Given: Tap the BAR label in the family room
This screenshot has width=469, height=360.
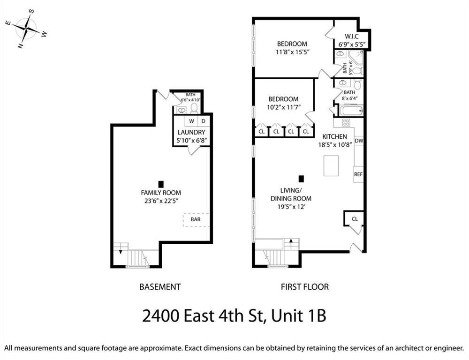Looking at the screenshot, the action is [x=196, y=219].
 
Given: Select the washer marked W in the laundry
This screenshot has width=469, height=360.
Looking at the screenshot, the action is [x=191, y=121].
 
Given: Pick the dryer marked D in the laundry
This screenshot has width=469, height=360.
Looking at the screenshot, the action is [x=204, y=121].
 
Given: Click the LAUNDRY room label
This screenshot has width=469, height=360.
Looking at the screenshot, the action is [x=191, y=133].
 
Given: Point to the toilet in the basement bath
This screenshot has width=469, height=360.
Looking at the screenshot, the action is [x=195, y=108].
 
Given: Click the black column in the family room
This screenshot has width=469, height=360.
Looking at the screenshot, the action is [x=161, y=184].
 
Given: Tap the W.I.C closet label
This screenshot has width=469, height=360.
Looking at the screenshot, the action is [x=351, y=37].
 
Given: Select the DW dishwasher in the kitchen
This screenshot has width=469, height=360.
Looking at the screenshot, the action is [x=359, y=141].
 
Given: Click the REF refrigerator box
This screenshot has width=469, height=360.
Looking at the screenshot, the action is [x=358, y=174].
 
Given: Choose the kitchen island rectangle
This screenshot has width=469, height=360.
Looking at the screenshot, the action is [x=331, y=165].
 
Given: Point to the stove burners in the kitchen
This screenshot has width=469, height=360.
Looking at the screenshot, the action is [x=346, y=122].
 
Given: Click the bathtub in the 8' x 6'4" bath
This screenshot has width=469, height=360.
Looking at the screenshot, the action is [x=351, y=111].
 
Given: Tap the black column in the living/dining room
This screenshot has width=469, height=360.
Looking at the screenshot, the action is [x=301, y=179].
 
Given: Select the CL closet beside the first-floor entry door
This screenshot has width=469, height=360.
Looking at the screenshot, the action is [x=355, y=219].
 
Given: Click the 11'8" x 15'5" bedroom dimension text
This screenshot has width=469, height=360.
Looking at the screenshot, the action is [x=292, y=52].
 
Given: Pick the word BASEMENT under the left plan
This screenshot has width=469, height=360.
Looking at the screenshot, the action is [x=160, y=287].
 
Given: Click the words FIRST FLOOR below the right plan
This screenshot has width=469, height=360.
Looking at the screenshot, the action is [x=305, y=287].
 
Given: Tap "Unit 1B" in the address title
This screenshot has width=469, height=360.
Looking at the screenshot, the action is [x=298, y=316].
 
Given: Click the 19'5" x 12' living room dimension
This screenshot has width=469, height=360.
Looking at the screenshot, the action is [x=291, y=207].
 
